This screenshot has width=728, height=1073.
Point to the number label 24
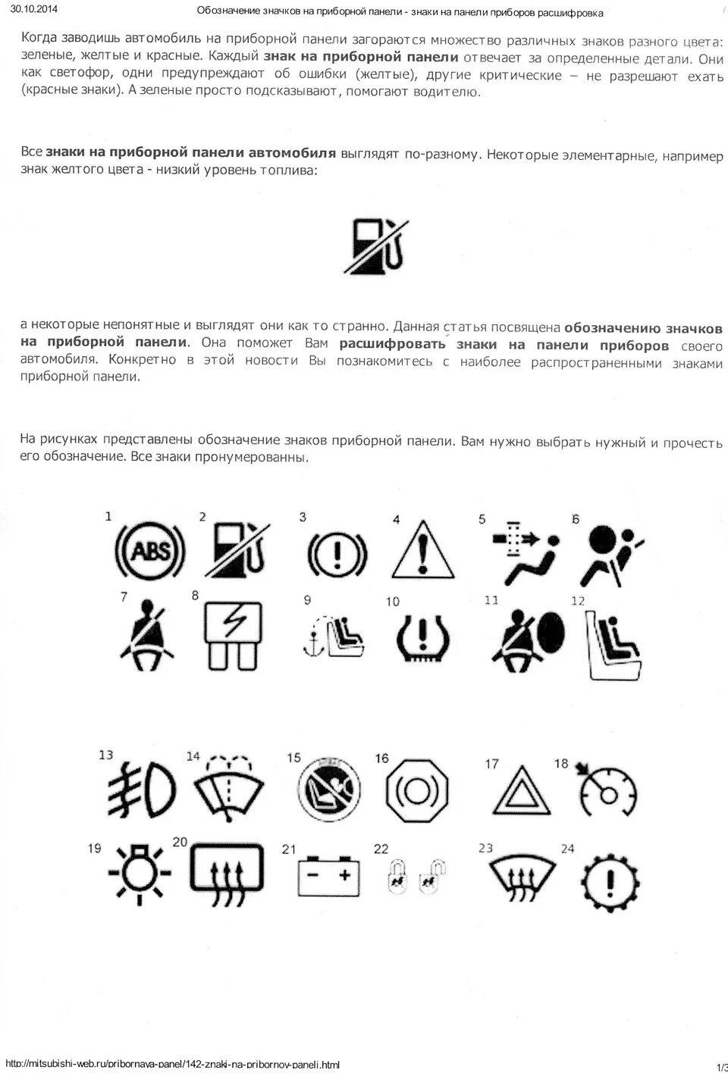(x=567, y=849)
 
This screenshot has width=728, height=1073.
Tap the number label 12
(x=578, y=600)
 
